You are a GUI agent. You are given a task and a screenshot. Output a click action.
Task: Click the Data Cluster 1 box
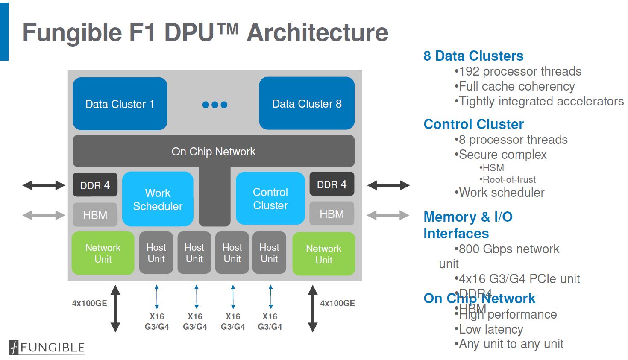120,104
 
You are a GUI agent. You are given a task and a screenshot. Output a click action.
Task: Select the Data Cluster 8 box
307,103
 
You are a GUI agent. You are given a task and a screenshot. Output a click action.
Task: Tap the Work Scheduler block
158,199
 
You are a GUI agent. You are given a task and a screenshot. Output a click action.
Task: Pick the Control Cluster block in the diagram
270,199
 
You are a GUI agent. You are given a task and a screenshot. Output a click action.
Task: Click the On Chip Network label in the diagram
213,152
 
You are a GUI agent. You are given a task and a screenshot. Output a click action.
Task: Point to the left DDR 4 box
95,185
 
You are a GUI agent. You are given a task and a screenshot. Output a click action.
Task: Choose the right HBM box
332,214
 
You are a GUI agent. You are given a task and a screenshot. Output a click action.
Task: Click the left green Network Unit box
103,253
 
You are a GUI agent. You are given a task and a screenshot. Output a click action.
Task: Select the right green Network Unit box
323,254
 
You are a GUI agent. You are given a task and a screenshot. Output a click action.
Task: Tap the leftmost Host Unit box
156,253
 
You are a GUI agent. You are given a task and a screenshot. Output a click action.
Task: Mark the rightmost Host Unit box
269,253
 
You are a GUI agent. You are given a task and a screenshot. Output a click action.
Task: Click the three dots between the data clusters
214,105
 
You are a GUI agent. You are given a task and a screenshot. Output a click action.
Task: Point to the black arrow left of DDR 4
44,185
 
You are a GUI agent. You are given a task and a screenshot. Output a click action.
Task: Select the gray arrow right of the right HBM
388,215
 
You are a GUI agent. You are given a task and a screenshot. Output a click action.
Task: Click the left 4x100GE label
89,303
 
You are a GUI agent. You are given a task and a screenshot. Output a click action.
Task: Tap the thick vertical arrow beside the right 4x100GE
313,308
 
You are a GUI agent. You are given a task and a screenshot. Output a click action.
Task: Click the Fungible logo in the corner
47,347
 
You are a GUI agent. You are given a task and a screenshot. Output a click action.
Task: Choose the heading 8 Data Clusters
473,56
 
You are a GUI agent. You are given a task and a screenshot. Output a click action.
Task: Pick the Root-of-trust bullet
508,179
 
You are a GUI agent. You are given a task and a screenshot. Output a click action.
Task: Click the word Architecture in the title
317,32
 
